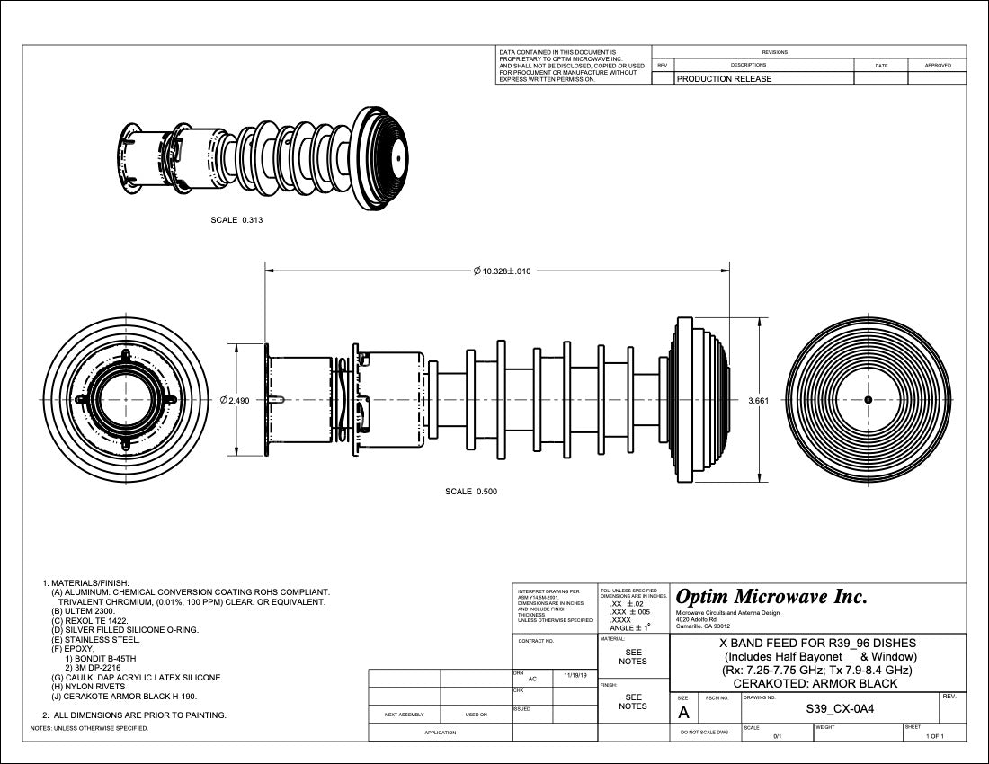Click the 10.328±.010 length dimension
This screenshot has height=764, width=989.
(x=502, y=271)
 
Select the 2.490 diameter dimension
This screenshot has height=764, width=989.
(x=235, y=400)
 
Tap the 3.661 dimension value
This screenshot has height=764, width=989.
(x=758, y=400)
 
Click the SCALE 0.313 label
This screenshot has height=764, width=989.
(x=236, y=219)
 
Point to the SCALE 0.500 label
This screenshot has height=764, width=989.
(x=471, y=492)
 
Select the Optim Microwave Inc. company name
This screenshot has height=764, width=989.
(x=771, y=597)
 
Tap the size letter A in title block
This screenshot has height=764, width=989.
(x=684, y=713)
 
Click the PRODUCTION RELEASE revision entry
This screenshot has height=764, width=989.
(x=724, y=79)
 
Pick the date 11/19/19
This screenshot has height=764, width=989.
(x=575, y=674)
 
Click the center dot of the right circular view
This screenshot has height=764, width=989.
(x=868, y=399)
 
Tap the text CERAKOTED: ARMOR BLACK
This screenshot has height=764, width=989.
(x=817, y=684)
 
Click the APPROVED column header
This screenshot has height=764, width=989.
(x=938, y=65)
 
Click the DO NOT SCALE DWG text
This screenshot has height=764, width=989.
(x=705, y=733)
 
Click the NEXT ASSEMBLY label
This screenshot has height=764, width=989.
(x=404, y=715)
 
